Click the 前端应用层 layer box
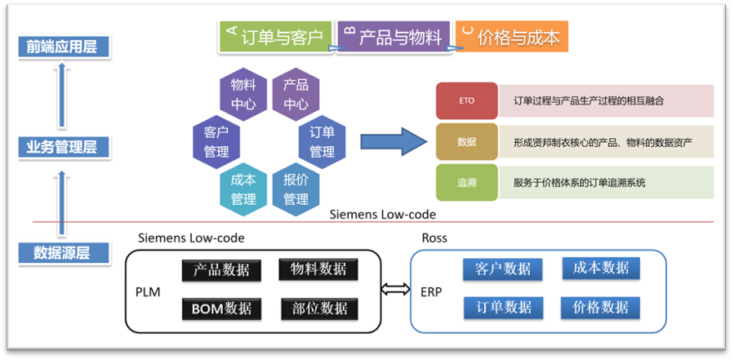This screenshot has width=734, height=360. [x=62, y=47]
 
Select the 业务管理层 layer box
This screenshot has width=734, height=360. [x=62, y=148]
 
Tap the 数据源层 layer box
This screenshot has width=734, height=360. [x=63, y=253]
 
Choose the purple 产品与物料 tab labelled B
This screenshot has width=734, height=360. [x=394, y=38]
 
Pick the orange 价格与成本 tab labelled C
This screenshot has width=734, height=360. [x=511, y=38]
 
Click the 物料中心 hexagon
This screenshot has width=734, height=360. [x=243, y=94]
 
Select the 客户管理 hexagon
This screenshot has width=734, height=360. [x=216, y=140]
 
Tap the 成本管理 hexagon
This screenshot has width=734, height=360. [x=243, y=188]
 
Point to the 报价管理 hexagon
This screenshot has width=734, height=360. [x=296, y=188]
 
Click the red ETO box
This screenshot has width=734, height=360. [x=466, y=101]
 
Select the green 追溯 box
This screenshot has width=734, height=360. [x=466, y=183]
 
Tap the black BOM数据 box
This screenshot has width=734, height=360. [x=221, y=309]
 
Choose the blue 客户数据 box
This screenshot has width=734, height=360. [x=502, y=269]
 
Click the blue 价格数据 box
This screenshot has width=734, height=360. [x=600, y=307]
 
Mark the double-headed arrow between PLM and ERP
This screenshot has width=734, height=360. [x=395, y=289]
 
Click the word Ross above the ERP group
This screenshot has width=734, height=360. [x=434, y=238]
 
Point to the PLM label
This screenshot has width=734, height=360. [x=148, y=291]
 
